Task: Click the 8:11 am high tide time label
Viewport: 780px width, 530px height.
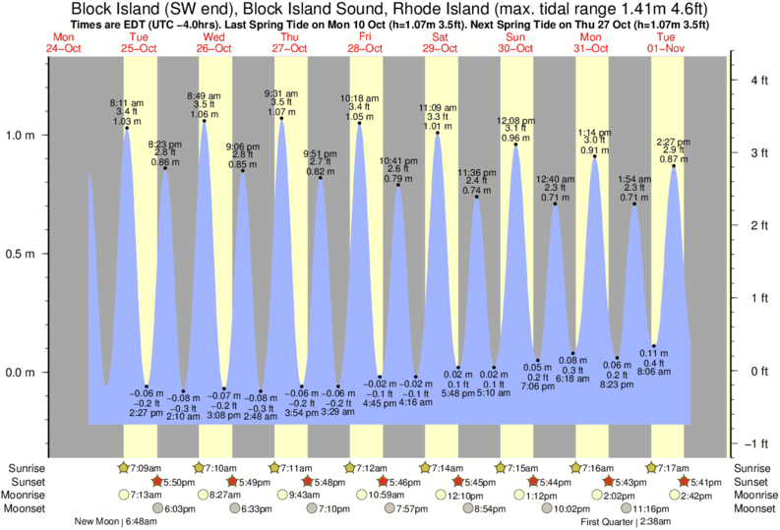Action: coord(127,102)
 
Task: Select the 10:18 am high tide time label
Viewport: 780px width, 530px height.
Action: coord(359,97)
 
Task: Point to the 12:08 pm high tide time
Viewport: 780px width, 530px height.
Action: coord(515,120)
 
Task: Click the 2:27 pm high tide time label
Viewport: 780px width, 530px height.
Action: coord(674,141)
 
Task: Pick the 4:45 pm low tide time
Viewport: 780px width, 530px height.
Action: coord(379,402)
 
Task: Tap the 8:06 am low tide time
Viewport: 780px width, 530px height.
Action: coord(654,373)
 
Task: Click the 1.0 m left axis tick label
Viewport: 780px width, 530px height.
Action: coord(22,136)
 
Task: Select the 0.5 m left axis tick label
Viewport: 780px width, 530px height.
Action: coord(22,255)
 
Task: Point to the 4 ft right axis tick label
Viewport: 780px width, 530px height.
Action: coord(757,81)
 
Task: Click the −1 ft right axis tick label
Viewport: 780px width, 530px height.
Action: coord(755,442)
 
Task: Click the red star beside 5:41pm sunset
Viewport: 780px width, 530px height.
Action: coord(684,481)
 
